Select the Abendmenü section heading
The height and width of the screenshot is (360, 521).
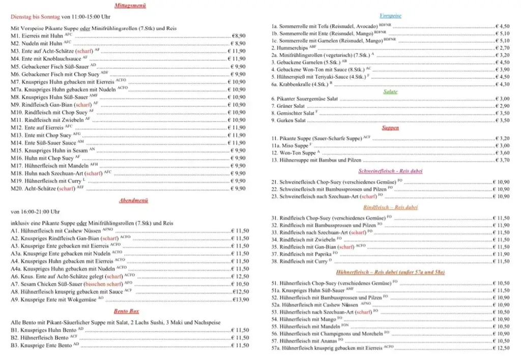133,201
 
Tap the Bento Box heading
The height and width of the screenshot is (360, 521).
127,311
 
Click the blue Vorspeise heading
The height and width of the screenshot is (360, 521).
391,16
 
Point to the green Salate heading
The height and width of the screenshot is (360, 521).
391,92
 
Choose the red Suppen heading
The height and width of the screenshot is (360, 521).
390,128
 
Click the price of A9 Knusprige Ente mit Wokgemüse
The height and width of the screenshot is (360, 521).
241,300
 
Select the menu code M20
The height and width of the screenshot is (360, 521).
17,189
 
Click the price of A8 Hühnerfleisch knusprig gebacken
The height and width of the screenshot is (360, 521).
241,292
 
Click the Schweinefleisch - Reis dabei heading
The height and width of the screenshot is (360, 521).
390,171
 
